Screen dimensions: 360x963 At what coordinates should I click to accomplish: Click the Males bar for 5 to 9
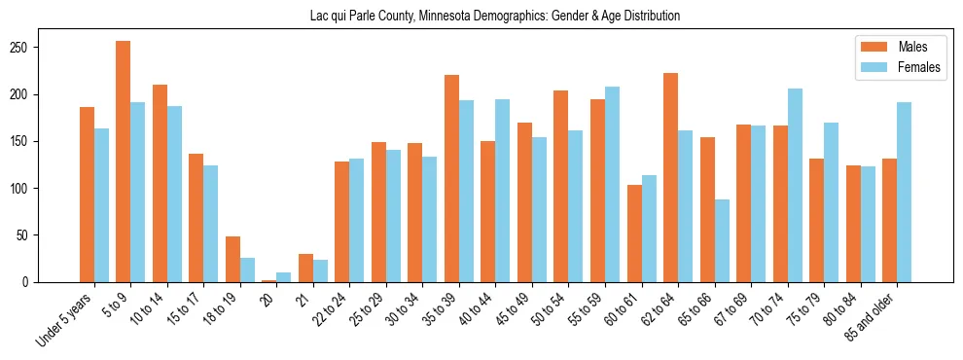click(124, 162)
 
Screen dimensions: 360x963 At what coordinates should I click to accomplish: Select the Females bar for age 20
click(284, 277)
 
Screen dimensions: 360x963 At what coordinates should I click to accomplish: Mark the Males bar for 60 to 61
click(634, 234)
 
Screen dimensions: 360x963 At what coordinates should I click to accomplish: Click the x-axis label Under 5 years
click(65, 317)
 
